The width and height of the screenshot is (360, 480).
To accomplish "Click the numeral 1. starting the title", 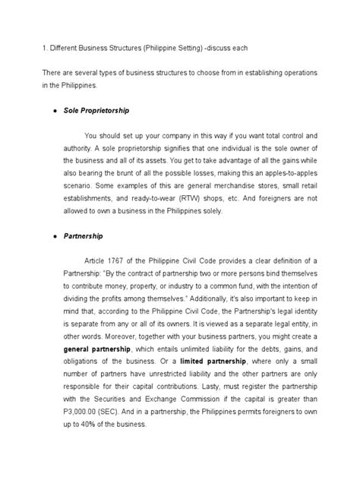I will (23, 48).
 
